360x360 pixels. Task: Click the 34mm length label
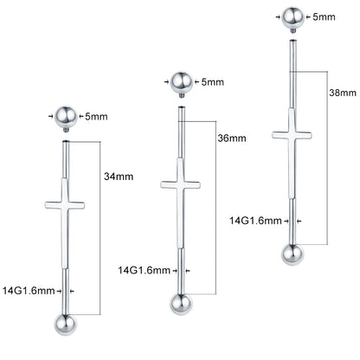coord(119,177)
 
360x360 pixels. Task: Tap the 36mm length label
coord(232,138)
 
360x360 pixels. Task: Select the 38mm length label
coord(343,93)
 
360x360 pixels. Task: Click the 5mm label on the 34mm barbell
coord(96,117)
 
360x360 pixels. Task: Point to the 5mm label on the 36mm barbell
coord(213,82)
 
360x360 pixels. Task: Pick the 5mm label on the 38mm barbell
coord(324,16)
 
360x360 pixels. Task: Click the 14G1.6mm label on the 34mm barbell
coord(29,291)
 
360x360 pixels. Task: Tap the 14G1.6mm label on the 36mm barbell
coord(144,270)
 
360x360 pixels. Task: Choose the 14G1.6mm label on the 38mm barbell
coord(255,221)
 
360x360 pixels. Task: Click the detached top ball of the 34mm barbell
coord(66,117)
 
